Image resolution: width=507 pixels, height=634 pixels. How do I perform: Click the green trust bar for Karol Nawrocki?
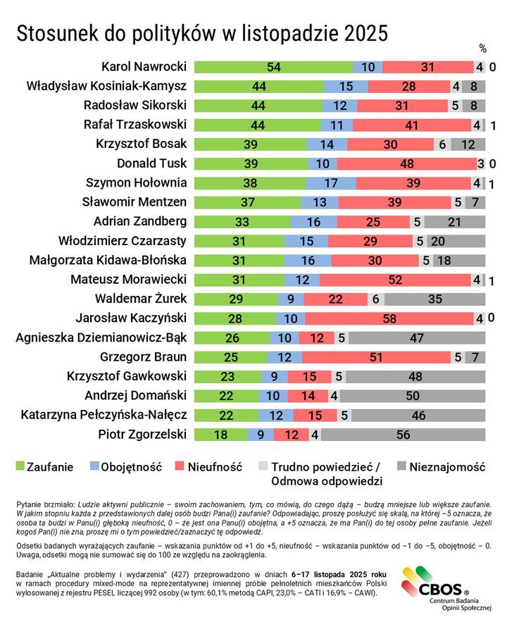point(273,68)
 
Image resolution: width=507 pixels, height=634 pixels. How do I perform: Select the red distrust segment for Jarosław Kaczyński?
point(389,317)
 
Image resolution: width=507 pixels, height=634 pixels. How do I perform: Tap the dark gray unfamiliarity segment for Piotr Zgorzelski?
point(403,435)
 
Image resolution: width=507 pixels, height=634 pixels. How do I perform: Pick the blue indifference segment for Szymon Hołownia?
point(331,183)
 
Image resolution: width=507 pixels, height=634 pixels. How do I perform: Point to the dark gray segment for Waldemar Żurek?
point(434,298)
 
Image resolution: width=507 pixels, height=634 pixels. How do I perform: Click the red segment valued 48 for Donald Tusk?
point(406,163)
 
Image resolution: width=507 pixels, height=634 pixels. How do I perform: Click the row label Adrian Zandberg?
point(140,221)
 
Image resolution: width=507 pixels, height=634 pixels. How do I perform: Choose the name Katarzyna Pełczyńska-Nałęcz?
point(104,414)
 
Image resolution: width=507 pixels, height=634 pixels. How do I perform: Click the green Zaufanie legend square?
point(20,467)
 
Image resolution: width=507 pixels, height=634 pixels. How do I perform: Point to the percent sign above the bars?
point(483,49)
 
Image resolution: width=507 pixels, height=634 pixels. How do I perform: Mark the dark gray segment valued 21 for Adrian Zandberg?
point(454,221)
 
